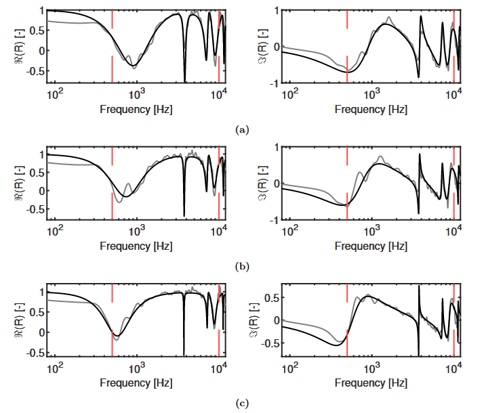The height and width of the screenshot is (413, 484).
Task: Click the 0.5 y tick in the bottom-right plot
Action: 273,297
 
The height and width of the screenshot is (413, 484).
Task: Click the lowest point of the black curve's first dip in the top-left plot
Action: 134,66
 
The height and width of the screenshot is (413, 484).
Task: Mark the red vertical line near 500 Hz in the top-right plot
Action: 347,41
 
